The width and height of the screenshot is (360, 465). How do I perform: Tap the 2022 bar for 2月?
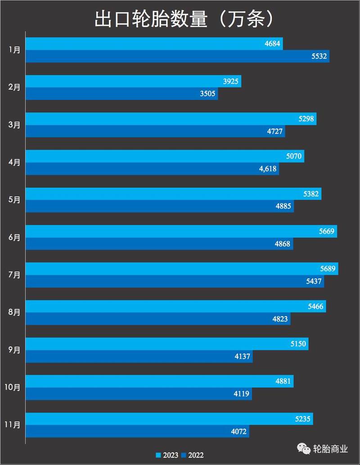(121, 94)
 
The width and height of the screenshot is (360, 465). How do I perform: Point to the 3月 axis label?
(14, 125)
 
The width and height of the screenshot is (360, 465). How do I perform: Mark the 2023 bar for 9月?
(166, 344)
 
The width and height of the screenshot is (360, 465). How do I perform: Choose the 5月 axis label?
(14, 200)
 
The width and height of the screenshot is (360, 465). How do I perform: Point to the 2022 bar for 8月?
(158, 319)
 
